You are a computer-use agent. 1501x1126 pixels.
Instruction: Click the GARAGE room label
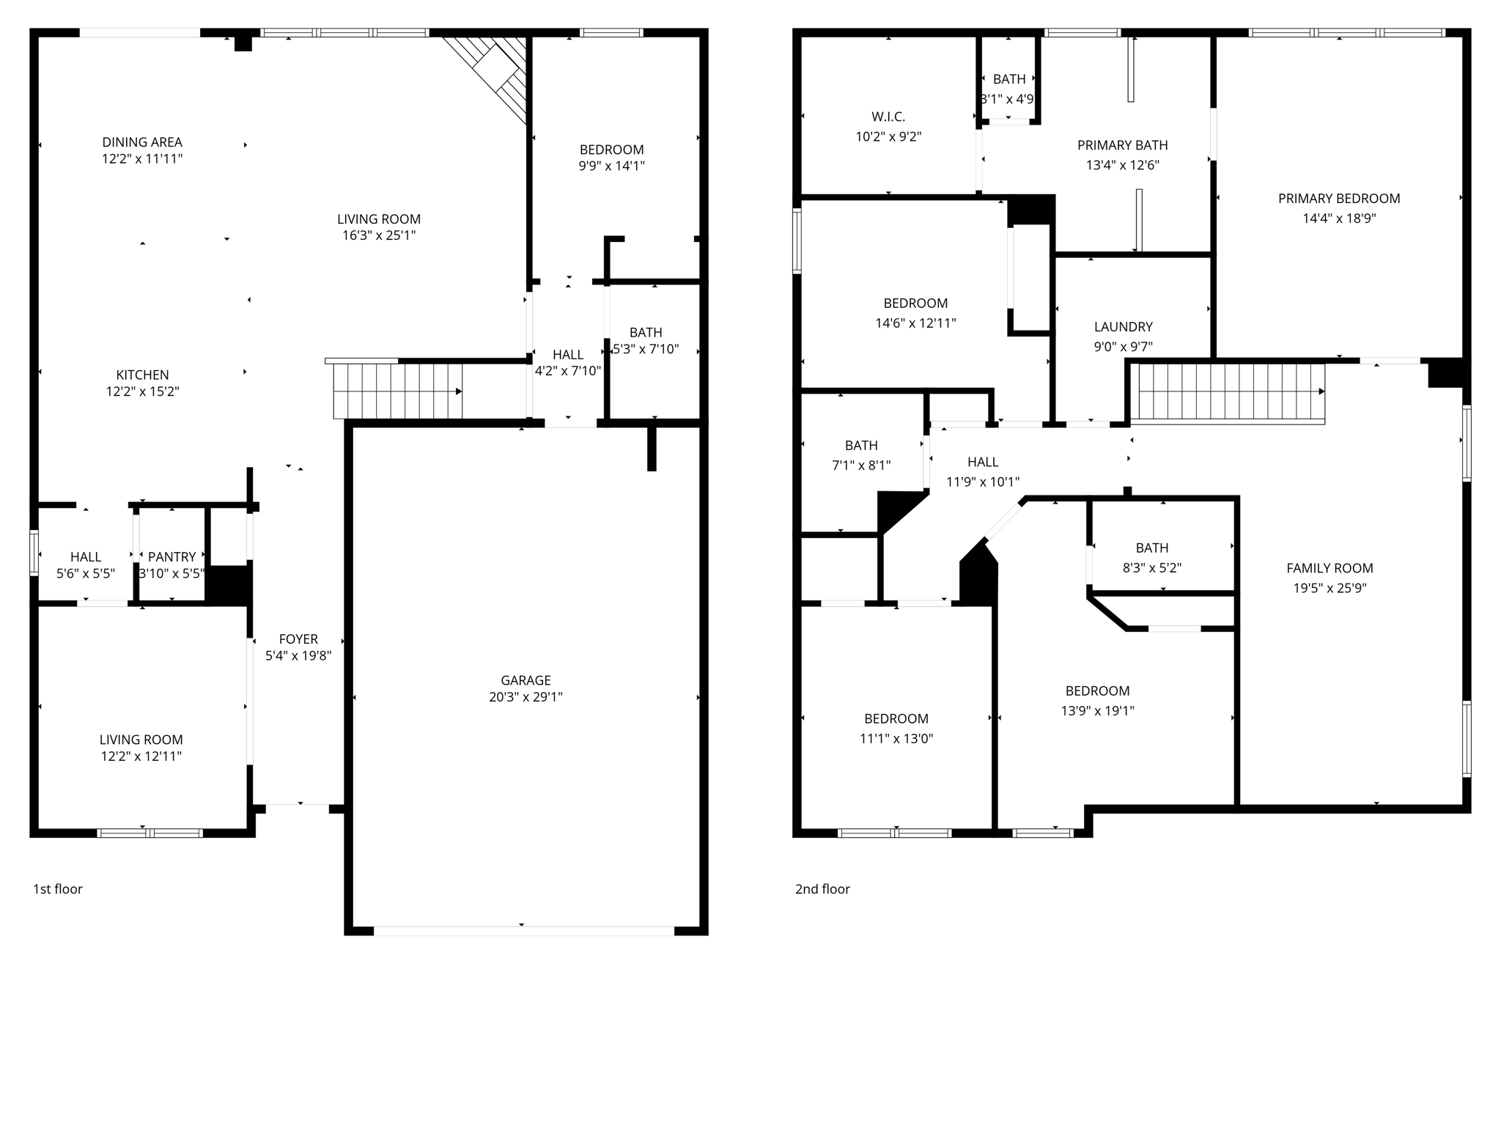tap(525, 680)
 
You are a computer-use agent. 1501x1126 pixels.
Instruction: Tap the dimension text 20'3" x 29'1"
tap(525, 697)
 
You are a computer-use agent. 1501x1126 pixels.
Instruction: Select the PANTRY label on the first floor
tap(172, 557)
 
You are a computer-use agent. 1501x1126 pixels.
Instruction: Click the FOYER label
tap(298, 639)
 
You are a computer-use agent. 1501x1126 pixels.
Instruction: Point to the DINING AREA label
tap(142, 142)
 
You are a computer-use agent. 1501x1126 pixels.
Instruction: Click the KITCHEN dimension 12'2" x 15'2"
tap(142, 391)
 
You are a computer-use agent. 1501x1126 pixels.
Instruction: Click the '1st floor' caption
tap(58, 889)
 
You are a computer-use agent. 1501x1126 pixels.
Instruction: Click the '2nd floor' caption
tap(822, 889)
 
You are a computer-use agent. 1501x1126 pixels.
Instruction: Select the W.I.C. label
tap(888, 117)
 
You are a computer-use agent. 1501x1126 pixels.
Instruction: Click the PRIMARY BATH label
tap(1122, 145)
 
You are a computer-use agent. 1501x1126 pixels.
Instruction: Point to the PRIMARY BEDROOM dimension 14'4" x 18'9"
tap(1339, 218)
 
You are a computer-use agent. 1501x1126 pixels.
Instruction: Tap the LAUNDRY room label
tap(1123, 327)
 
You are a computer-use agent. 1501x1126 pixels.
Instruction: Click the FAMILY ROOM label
tap(1329, 568)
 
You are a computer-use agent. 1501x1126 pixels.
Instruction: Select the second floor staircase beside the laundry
tap(1228, 393)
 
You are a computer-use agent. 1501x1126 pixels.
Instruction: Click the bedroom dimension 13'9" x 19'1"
tap(1097, 710)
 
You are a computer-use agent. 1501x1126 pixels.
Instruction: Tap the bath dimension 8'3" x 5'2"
tap(1151, 568)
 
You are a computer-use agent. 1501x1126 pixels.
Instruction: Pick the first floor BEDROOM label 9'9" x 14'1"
tap(611, 150)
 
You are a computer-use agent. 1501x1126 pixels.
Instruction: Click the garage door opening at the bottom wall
tap(523, 931)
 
